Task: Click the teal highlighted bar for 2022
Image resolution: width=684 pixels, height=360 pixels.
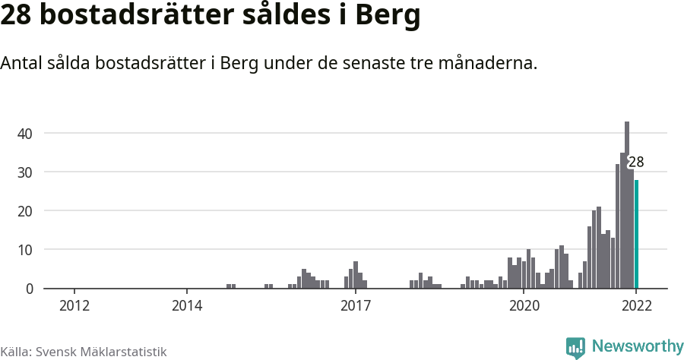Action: [x=636, y=234]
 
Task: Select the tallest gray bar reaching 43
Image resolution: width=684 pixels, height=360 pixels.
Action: [x=627, y=205]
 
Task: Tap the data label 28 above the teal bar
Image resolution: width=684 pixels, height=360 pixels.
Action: [x=636, y=161]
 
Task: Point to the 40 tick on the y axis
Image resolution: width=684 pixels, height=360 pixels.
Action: [x=25, y=134]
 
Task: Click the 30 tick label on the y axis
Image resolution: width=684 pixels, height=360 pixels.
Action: [x=25, y=172]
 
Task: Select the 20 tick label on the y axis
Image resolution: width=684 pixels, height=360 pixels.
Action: [x=25, y=211]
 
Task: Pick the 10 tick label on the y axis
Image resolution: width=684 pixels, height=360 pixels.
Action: [x=25, y=250]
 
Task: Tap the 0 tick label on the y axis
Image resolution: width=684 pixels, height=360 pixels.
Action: [x=30, y=289]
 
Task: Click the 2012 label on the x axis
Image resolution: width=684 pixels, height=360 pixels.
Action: [x=74, y=306]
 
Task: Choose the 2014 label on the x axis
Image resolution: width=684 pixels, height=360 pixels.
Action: [x=187, y=306]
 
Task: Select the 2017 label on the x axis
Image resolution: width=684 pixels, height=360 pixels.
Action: [x=355, y=306]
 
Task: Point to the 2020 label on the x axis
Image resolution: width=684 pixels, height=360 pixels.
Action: [x=524, y=306]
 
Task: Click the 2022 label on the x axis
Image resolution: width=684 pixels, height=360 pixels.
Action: [x=636, y=306]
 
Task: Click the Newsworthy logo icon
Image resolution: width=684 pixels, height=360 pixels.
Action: [x=575, y=347]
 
